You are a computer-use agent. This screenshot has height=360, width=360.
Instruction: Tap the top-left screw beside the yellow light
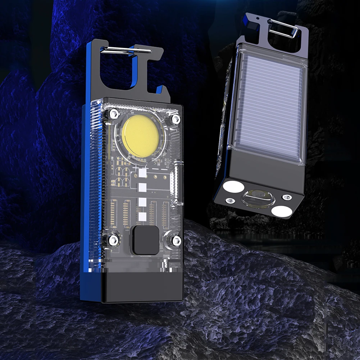[114, 114]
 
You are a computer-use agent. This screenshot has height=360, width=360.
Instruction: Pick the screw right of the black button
[176, 241]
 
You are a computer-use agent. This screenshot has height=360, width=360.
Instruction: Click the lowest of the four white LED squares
[143, 216]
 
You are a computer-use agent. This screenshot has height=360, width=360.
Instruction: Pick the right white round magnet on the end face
[282, 211]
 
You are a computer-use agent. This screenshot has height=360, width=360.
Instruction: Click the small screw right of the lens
[287, 197]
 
